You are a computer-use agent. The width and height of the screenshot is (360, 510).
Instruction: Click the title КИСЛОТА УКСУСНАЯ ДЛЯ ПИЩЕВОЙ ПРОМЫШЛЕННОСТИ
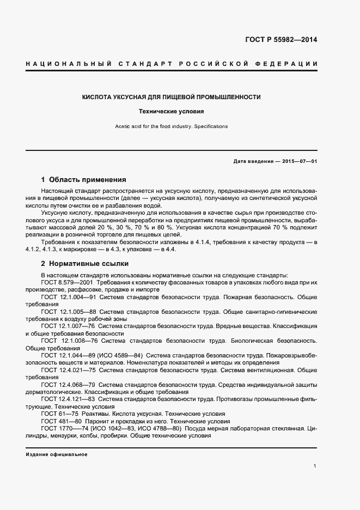(171, 97)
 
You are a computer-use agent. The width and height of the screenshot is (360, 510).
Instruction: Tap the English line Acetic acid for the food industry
(171, 126)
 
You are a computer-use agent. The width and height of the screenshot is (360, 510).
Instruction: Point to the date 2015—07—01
(297, 162)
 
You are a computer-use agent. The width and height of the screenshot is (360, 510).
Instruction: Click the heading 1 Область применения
(83, 179)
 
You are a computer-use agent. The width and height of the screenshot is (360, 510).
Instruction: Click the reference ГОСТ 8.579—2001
(68, 283)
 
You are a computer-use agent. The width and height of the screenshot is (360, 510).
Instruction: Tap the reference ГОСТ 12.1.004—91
(71, 297)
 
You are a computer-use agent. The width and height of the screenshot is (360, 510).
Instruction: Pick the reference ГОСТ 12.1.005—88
(71, 312)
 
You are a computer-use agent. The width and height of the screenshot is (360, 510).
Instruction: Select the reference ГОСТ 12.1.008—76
(71, 340)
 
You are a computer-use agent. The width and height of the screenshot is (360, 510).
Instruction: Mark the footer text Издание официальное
(57, 454)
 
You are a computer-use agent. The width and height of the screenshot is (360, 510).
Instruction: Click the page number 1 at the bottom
(315, 466)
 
